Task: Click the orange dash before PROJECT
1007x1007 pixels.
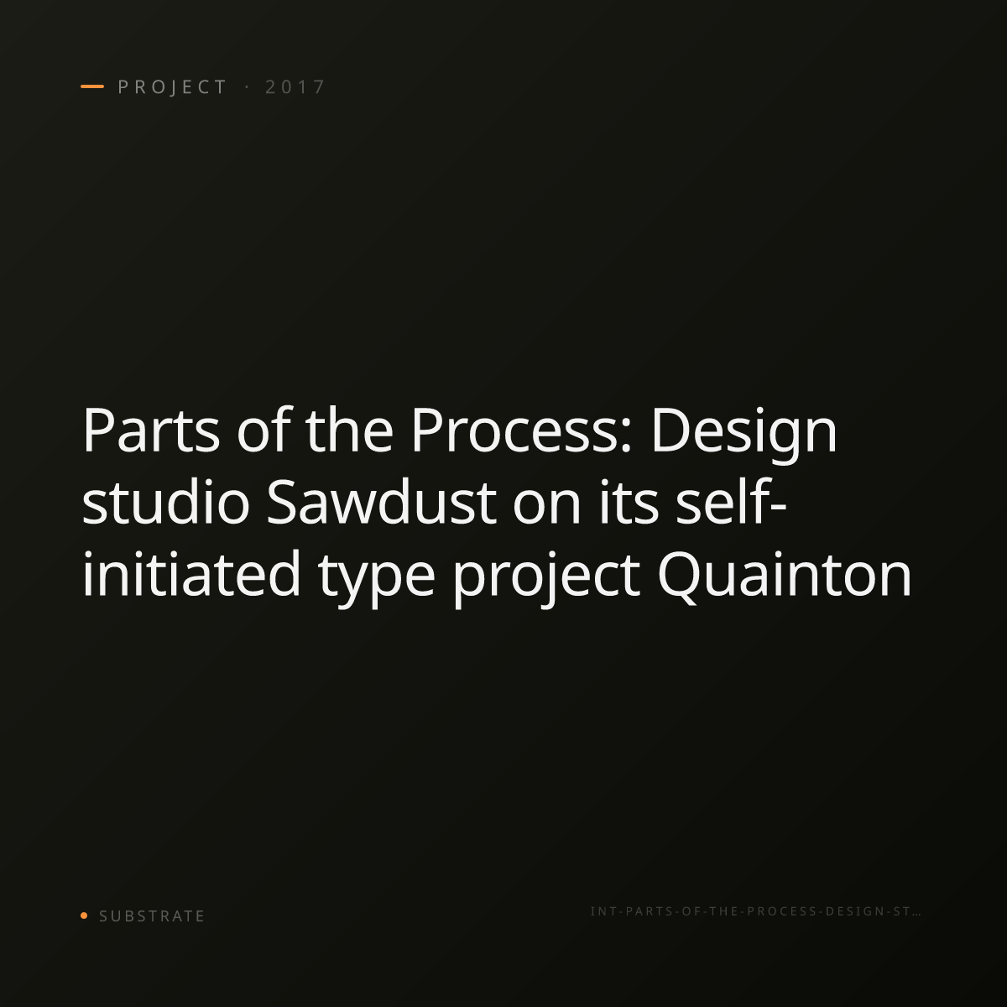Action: pos(92,86)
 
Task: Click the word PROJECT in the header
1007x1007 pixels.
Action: pos(172,87)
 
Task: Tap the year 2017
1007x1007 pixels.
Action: pos(295,87)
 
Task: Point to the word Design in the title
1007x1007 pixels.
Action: pos(744,435)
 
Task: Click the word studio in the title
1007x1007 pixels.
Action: pos(165,502)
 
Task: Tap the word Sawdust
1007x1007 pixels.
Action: pos(382,502)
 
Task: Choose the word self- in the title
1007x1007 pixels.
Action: pos(731,501)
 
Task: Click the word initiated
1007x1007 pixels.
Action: pos(191,573)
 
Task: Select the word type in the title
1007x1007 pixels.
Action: pos(377,579)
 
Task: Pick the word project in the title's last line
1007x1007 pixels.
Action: pos(546,579)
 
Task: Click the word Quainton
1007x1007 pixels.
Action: pos(785,575)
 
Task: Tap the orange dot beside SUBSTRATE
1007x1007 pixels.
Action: pos(84,915)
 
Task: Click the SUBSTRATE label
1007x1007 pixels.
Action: pos(152,916)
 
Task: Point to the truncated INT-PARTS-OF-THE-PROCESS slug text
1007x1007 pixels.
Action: pos(755,911)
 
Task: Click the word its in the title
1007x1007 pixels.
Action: pos(629,502)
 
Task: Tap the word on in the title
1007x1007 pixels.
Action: pos(546,506)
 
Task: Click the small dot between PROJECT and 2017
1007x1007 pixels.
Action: pos(247,86)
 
